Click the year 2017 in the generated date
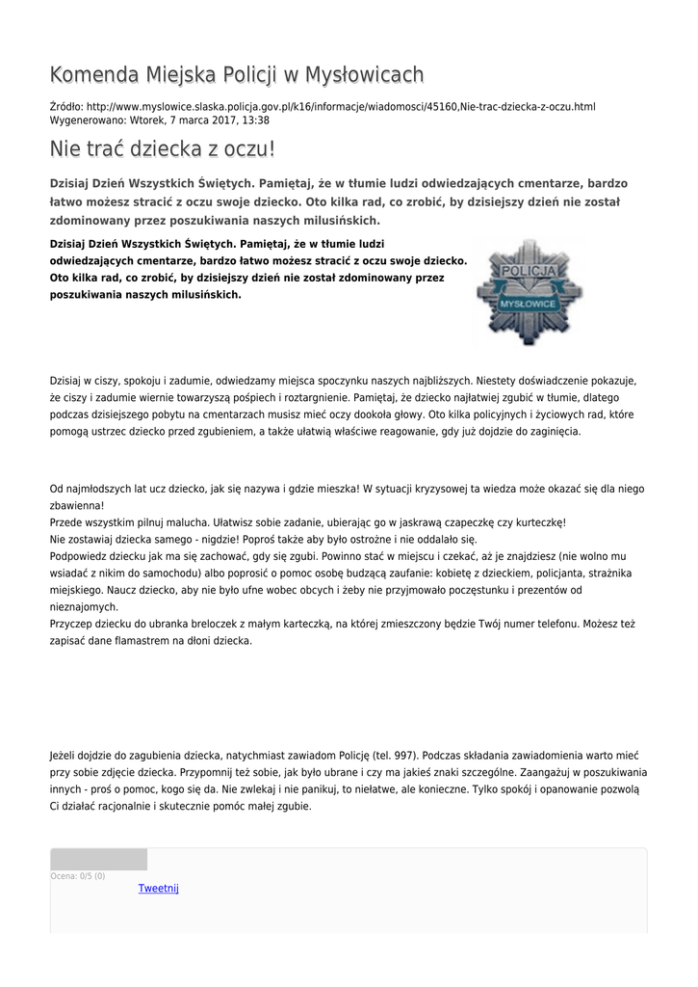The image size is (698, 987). click(220, 120)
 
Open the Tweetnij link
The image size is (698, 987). click(159, 888)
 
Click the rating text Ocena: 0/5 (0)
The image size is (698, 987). click(78, 876)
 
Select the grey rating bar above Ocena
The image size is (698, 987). click(98, 859)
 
